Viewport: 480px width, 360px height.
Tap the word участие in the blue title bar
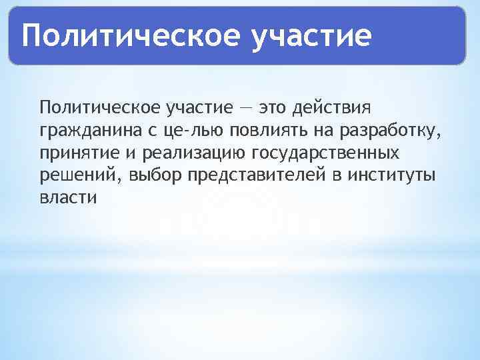(x=310, y=36)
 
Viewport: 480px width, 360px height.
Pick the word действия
(x=338, y=107)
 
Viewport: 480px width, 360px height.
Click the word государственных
(x=326, y=153)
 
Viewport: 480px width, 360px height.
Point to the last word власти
(x=68, y=199)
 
